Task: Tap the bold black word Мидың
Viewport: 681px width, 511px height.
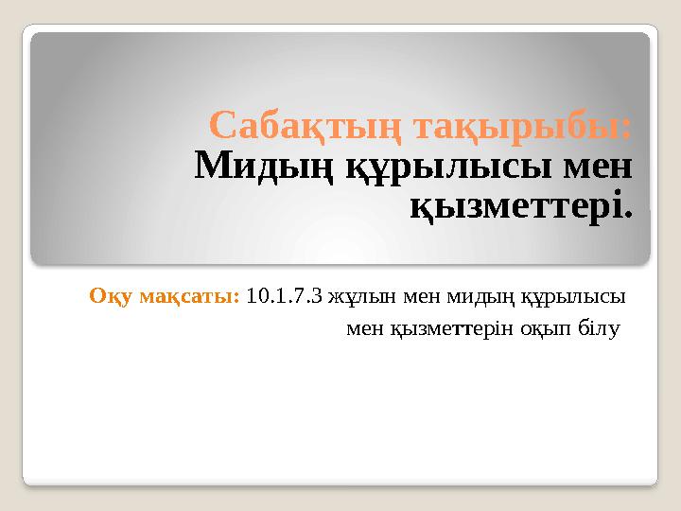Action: click(x=264, y=167)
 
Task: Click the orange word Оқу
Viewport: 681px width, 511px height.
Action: click(x=111, y=297)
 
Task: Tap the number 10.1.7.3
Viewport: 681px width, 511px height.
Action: click(x=285, y=296)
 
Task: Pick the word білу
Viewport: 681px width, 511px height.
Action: click(x=599, y=329)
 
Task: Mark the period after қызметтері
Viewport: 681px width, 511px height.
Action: click(x=628, y=214)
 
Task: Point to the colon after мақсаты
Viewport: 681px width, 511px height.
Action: click(x=236, y=298)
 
